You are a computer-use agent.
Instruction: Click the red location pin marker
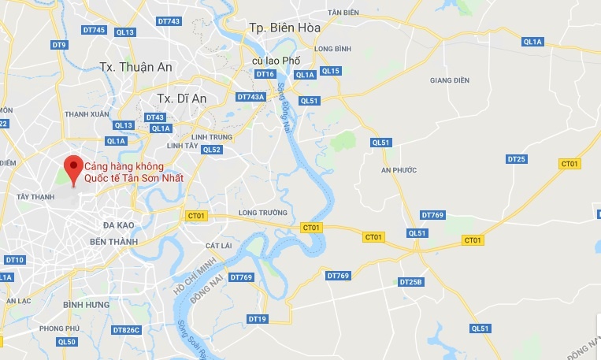coord(73,168)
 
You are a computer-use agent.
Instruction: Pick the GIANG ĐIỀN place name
coord(448,80)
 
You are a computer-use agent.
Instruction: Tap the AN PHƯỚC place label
coord(398,169)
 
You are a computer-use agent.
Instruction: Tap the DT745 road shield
coord(93,30)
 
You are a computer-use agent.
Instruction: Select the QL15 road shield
coord(331,71)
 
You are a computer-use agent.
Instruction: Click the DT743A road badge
coord(250,97)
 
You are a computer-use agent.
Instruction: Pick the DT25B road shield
coord(411,282)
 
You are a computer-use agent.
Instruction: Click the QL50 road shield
coord(67,342)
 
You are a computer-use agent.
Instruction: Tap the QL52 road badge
coord(211,150)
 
